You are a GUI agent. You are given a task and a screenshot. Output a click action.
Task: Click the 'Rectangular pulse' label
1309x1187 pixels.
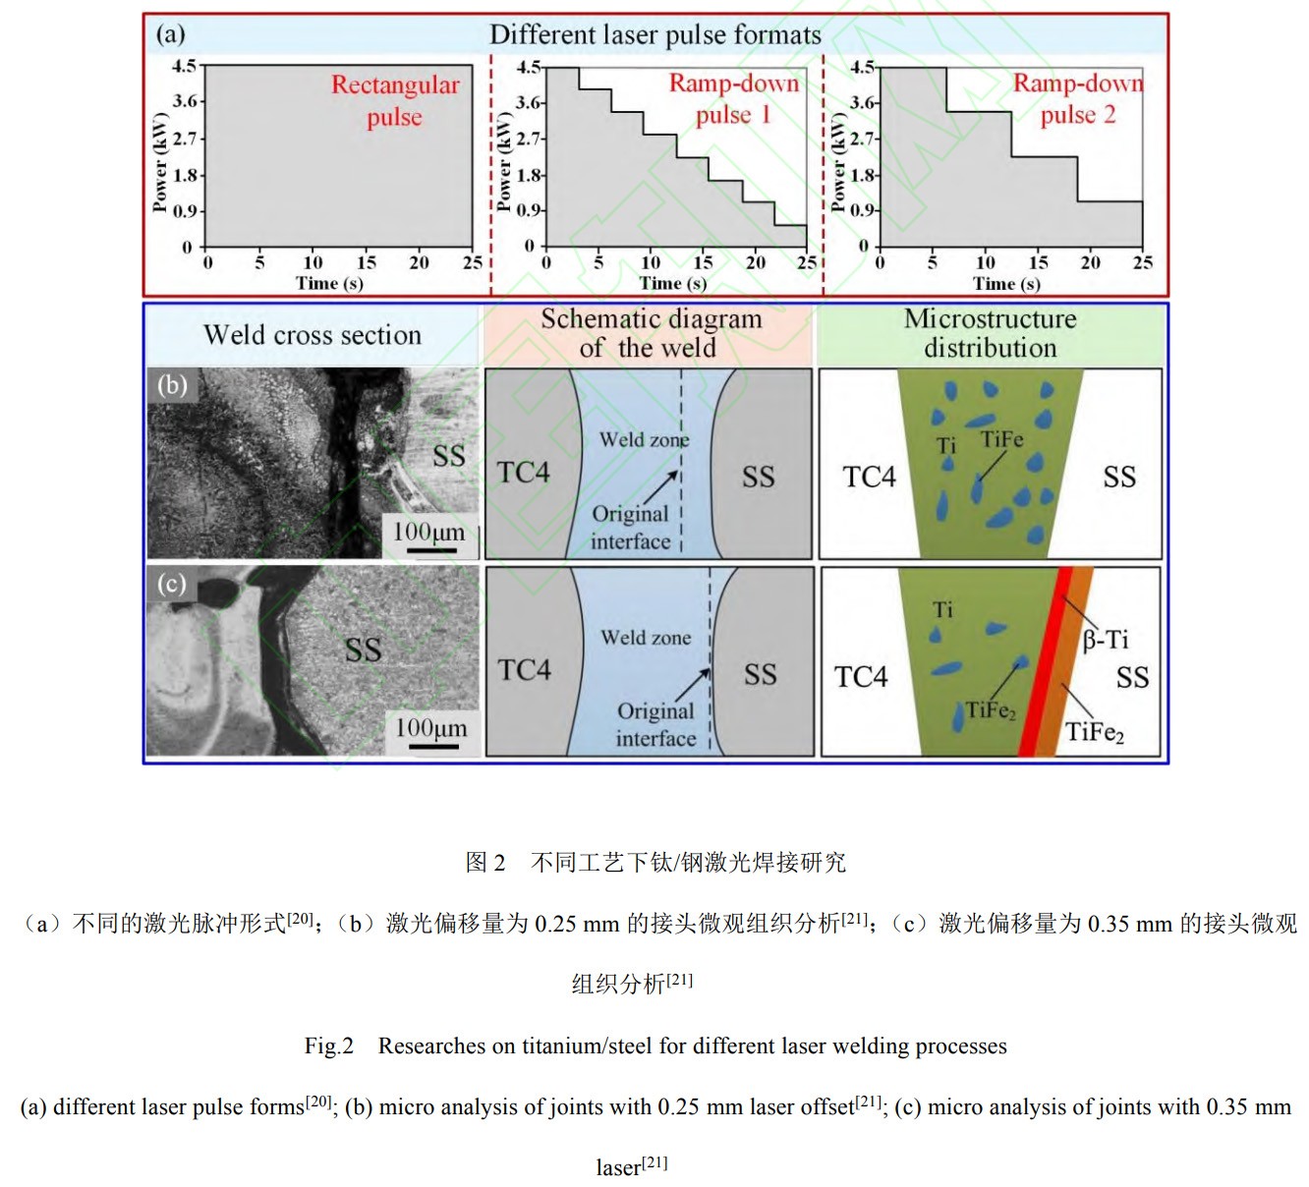pos(395,100)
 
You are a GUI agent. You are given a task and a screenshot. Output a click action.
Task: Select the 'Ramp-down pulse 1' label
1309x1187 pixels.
pos(733,98)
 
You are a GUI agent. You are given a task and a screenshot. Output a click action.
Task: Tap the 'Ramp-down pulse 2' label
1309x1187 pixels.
pos(1078,98)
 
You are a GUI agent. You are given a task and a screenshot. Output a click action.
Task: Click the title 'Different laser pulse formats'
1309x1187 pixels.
pos(654,35)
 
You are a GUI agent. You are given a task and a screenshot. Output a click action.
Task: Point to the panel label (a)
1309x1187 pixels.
pos(170,34)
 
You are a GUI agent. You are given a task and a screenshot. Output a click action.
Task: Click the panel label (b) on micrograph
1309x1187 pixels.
pos(172,384)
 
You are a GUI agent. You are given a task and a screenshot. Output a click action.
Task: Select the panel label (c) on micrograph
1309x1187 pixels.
pos(171,584)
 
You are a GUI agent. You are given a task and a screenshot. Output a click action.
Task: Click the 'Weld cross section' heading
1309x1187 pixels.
pos(313,335)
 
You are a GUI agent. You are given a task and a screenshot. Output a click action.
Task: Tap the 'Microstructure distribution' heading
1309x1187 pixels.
pos(990,333)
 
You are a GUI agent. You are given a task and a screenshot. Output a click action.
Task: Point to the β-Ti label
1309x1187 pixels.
pos(1106,641)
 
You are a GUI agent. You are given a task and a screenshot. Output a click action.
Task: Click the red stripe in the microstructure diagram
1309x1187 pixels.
pos(1044,668)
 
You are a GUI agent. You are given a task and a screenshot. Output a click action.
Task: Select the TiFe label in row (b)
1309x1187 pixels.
pos(1001,439)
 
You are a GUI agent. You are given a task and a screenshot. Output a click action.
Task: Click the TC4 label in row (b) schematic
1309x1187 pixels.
pos(523,473)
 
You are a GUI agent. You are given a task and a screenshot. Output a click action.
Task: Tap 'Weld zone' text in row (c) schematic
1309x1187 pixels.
pos(646,638)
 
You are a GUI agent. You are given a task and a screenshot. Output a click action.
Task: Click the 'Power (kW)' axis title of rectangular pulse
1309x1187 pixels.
pos(160,162)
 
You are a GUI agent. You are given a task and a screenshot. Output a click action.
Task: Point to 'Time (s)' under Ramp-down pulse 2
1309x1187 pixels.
pos(1006,284)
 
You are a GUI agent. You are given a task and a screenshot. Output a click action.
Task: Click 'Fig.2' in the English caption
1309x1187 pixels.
pos(328,1046)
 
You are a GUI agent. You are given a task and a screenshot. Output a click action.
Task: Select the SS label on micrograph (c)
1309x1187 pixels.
pos(363,650)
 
